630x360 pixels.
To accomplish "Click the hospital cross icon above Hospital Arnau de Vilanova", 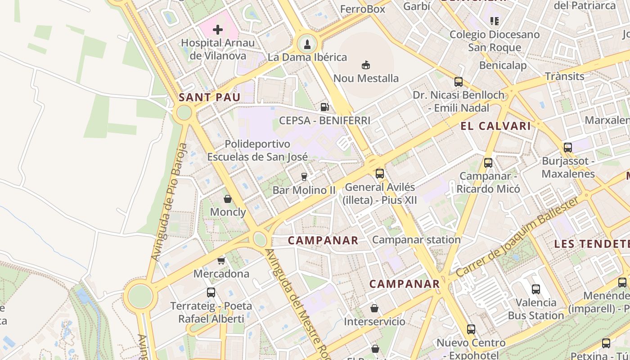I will (218, 30).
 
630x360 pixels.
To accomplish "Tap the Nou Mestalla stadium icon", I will (366, 65).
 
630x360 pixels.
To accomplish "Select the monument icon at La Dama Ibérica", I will (307, 44).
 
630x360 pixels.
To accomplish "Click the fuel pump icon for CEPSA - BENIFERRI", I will (324, 107).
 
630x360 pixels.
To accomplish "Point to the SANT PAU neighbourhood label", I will (209, 97).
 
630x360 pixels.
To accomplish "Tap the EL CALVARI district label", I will (495, 126).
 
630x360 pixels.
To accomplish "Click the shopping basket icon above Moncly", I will (228, 199).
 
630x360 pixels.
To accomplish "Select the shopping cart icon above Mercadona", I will (221, 261).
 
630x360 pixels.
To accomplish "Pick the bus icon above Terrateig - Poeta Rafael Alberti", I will (211, 292).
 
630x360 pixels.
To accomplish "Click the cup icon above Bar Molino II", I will (304, 177).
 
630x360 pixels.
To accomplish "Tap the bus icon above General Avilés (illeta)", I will (380, 173).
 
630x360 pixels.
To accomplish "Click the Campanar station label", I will (416, 240).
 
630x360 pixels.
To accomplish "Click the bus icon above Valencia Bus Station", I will (535, 289).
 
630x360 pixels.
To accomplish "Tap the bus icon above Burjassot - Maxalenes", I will (568, 147).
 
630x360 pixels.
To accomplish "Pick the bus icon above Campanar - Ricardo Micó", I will (488, 162).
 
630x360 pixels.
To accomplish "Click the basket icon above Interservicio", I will (374, 308).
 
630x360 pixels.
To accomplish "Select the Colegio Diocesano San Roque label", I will (495, 41).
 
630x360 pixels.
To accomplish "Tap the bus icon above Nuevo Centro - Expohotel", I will (471, 329).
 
